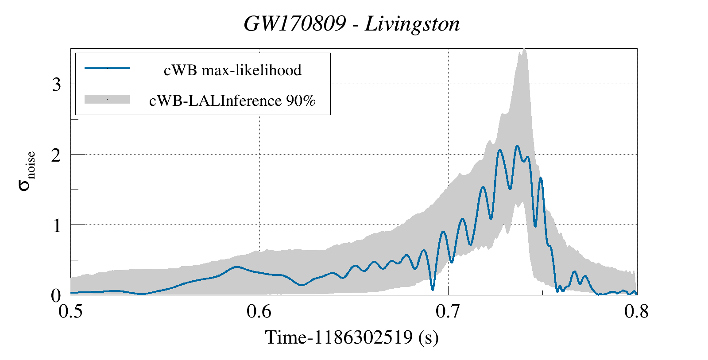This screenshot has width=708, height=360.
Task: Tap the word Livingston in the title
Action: (x=412, y=24)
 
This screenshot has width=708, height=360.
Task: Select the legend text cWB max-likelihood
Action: (x=232, y=70)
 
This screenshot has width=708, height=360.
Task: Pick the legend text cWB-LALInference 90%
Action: (x=232, y=101)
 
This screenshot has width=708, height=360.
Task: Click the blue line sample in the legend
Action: (x=107, y=69)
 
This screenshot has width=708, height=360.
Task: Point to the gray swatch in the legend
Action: (x=107, y=100)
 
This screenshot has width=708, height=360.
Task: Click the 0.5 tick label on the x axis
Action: (x=71, y=311)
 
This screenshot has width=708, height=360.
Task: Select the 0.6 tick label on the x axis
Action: (x=259, y=311)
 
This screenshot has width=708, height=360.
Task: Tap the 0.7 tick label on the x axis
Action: (x=448, y=311)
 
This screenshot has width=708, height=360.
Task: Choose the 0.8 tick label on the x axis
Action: (x=637, y=311)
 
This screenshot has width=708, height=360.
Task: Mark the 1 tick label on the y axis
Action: (x=56, y=226)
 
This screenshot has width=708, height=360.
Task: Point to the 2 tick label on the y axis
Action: (x=56, y=155)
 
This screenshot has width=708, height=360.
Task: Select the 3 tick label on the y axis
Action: (x=56, y=85)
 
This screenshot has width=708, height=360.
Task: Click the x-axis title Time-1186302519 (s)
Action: (x=352, y=338)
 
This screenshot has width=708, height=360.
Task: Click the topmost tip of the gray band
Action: (x=524, y=49)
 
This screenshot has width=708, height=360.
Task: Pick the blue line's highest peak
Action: (x=517, y=146)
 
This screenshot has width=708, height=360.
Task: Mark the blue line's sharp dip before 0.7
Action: (x=433, y=290)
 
